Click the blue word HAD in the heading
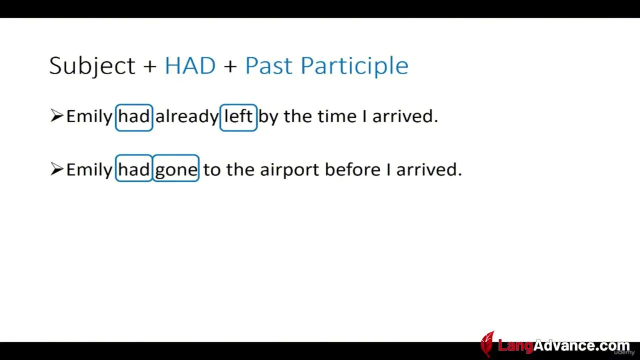(x=190, y=65)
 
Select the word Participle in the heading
(x=354, y=66)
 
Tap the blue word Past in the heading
(x=269, y=65)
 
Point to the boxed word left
(x=238, y=117)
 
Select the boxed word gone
(x=176, y=168)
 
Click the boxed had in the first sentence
(x=134, y=117)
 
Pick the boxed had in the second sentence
(x=134, y=168)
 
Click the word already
(x=187, y=116)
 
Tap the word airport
(x=289, y=170)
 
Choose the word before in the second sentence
(x=353, y=169)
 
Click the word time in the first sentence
(x=337, y=116)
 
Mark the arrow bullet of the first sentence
(x=56, y=115)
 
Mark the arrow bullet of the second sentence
(x=56, y=169)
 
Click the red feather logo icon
(x=487, y=344)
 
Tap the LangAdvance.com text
(x=563, y=345)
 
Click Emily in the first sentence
(x=89, y=116)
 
